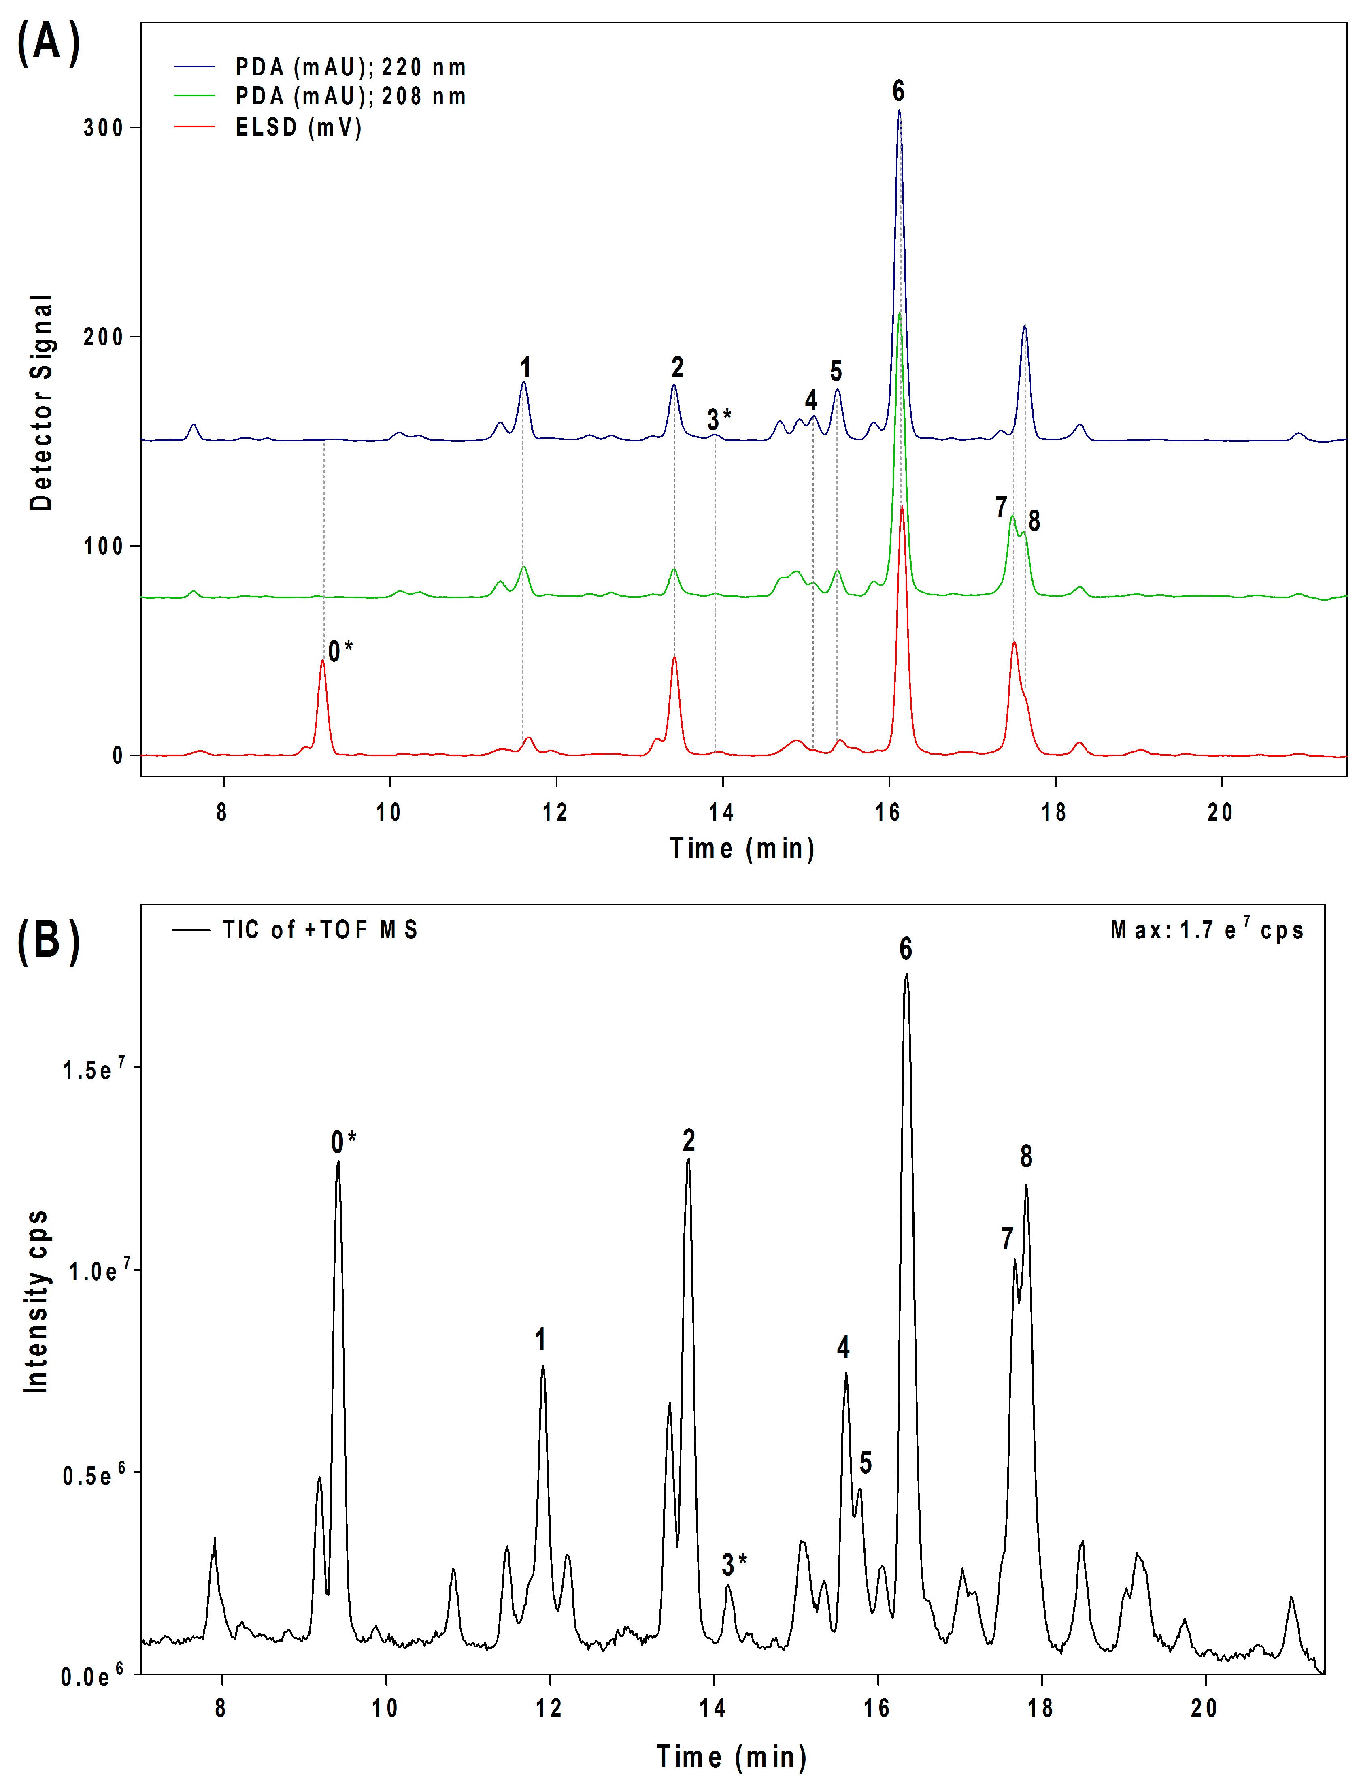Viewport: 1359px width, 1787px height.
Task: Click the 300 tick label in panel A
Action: click(x=103, y=128)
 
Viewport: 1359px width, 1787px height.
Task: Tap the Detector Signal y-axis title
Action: click(x=40, y=402)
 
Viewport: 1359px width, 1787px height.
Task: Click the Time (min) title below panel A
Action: click(x=742, y=848)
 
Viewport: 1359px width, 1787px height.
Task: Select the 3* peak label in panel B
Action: click(x=734, y=1564)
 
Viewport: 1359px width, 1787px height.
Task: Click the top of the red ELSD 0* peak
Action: click(x=322, y=661)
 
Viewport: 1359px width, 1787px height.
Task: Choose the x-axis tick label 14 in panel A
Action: click(x=721, y=812)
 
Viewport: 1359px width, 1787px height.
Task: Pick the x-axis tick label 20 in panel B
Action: click(x=1204, y=1708)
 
